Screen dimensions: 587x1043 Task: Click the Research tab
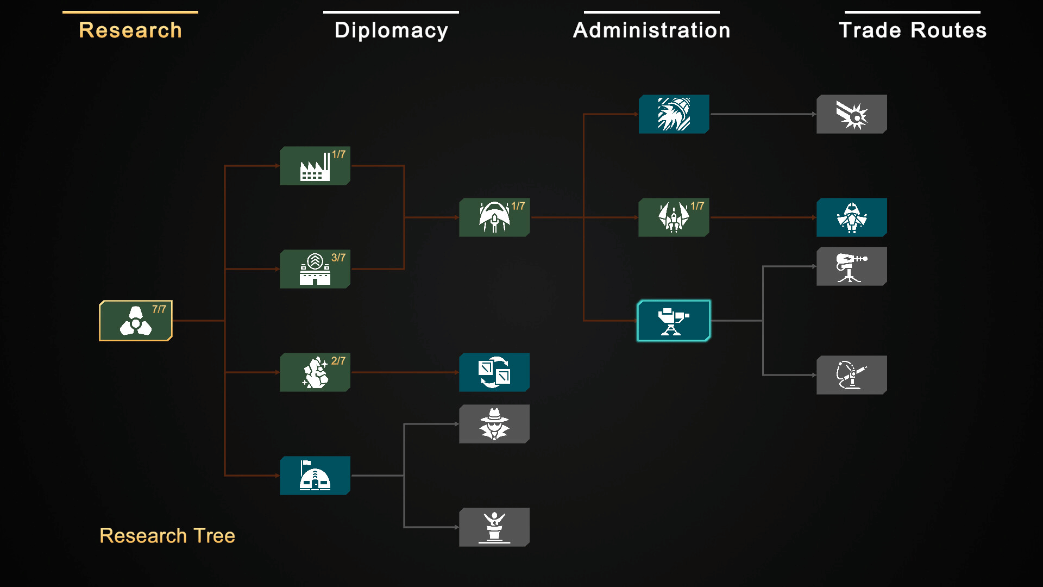[130, 30]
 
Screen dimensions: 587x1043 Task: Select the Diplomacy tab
[391, 30]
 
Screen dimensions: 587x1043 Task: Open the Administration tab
[652, 30]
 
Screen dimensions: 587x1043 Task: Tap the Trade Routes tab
[913, 30]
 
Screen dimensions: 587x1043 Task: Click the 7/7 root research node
[135, 321]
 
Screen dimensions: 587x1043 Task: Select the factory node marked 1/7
[315, 166]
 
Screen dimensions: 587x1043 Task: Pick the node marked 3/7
[315, 269]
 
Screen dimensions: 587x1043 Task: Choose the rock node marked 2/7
[315, 372]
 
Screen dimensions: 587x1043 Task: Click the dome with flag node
[315, 476]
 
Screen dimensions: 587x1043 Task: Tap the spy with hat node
[494, 424]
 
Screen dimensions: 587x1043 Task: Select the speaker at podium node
[494, 527]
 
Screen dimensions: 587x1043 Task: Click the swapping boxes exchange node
[494, 372]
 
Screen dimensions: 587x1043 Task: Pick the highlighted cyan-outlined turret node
[674, 321]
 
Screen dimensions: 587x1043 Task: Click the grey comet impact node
[851, 114]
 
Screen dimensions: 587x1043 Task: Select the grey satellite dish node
[851, 375]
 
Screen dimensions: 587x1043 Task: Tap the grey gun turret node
[851, 266]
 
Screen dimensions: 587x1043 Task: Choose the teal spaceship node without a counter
[851, 217]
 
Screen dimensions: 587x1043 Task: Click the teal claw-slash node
[674, 114]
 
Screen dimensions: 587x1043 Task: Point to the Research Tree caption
[167, 536]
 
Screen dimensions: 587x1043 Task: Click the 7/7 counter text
[159, 309]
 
